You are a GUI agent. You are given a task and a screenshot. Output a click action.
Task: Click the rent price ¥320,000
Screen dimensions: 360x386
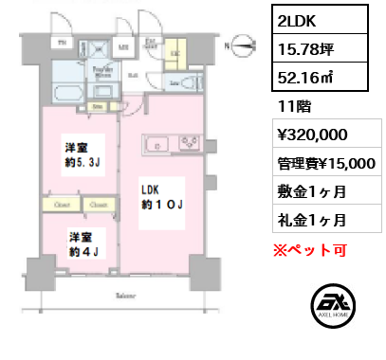[311, 134]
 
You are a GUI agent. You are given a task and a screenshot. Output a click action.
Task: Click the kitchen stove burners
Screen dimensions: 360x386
[188, 145]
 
